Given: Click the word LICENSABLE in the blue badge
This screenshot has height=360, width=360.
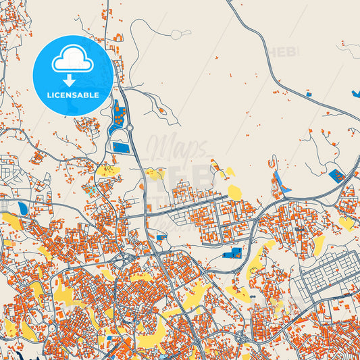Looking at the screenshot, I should (73, 95).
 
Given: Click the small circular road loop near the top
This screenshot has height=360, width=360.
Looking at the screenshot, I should (177, 34).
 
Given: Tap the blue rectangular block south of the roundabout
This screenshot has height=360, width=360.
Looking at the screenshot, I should (120, 147).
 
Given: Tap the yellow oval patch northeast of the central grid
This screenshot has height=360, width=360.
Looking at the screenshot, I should (234, 192).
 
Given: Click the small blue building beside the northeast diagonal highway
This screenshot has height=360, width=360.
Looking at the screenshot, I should (309, 95).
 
